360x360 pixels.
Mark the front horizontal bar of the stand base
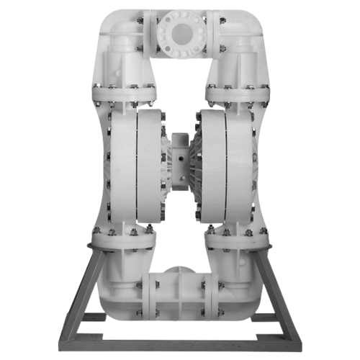pyautogui.click(x=180, y=338)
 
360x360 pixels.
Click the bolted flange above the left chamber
pyautogui.click(x=122, y=91)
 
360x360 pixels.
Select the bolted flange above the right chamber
pyautogui.click(x=238, y=91)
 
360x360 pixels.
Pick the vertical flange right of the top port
pyautogui.click(x=210, y=32)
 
